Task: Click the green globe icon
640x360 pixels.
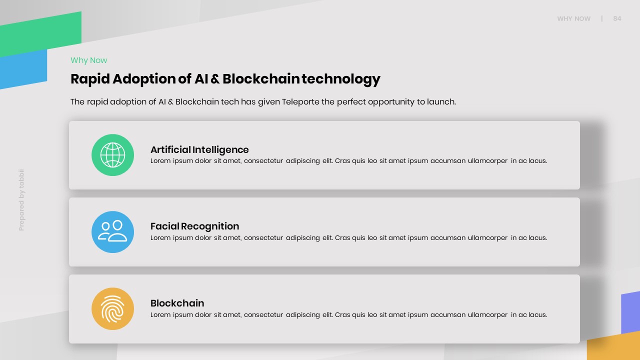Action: (x=112, y=155)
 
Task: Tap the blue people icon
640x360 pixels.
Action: (x=112, y=231)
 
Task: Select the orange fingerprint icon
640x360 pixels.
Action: (x=112, y=308)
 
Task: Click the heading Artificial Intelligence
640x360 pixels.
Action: (x=199, y=149)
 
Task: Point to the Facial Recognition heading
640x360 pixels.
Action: (x=194, y=226)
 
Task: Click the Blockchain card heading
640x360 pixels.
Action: (x=177, y=303)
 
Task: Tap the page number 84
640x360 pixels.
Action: (x=617, y=18)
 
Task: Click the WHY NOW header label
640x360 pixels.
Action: (x=573, y=19)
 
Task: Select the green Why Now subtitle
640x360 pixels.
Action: (x=89, y=60)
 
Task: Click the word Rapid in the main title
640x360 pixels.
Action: (x=90, y=79)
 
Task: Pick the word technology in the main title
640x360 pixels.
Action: (x=341, y=79)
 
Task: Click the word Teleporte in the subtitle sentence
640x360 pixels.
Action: (x=300, y=101)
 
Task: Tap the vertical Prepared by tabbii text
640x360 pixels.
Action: (x=21, y=200)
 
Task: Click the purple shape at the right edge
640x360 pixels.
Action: (x=630, y=312)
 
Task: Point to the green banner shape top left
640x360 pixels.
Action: (x=40, y=34)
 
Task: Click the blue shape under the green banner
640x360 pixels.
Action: (x=23, y=69)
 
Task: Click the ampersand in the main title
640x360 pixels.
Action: (x=215, y=79)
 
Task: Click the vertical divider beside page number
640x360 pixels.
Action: (x=602, y=18)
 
